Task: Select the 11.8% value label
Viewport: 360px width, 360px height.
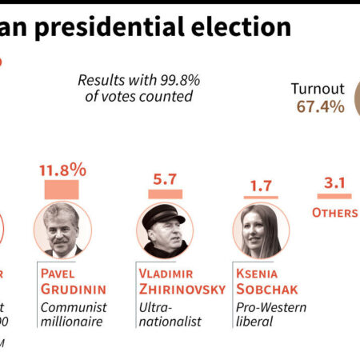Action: (62, 170)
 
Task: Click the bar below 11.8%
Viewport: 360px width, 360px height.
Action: (61, 190)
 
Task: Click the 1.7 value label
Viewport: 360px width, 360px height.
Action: (261, 186)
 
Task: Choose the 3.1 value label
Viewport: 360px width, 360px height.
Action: (334, 184)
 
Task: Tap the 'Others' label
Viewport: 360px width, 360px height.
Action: (335, 213)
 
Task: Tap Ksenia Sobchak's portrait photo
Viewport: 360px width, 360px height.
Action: (259, 230)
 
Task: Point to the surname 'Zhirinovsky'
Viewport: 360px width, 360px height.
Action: (182, 289)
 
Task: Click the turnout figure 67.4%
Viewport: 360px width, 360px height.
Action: (317, 106)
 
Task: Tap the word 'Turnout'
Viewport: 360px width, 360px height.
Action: (318, 89)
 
